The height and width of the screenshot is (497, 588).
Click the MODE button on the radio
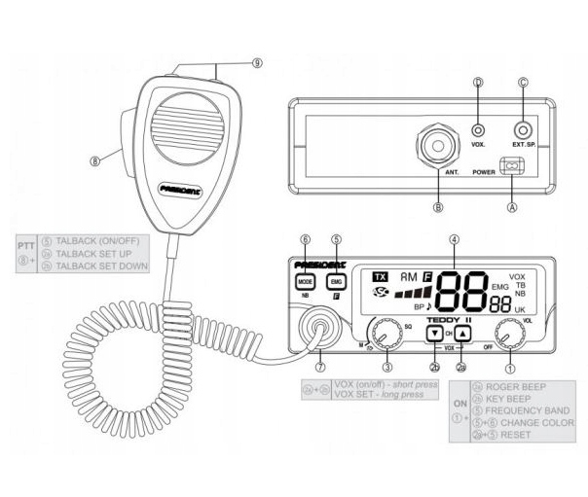pyautogui.click(x=304, y=280)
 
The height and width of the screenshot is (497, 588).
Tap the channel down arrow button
pyautogui.click(x=434, y=333)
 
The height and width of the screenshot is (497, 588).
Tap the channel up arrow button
pyautogui.click(x=463, y=333)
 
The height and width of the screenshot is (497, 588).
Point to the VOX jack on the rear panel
pyautogui.click(x=477, y=128)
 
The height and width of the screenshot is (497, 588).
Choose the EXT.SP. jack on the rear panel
pyautogui.click(x=525, y=128)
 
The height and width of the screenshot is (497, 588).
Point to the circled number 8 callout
pyautogui.click(x=95, y=161)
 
